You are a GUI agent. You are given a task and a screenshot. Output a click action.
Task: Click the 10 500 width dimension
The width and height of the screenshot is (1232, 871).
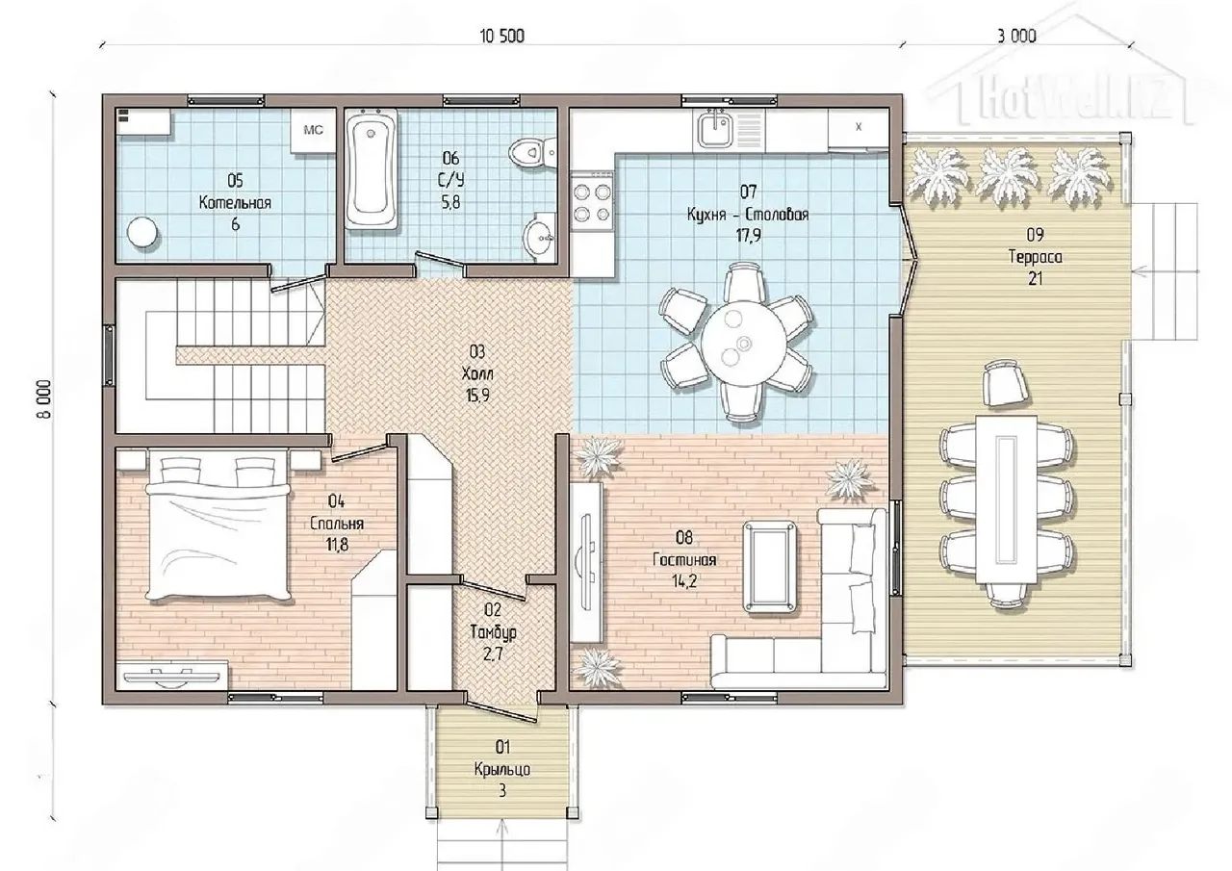pyautogui.click(x=502, y=37)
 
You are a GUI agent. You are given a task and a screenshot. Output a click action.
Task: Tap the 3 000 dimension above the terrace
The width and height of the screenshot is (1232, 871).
pyautogui.click(x=1017, y=37)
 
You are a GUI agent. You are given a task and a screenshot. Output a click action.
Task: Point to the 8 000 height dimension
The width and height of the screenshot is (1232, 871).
pyautogui.click(x=44, y=399)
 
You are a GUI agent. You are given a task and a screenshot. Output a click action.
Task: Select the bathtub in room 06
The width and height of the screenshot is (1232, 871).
pyautogui.click(x=372, y=168)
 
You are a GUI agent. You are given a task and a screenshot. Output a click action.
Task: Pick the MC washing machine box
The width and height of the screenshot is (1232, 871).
pyautogui.click(x=313, y=131)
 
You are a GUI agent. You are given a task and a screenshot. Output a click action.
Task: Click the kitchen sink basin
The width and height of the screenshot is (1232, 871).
pyautogui.click(x=714, y=130)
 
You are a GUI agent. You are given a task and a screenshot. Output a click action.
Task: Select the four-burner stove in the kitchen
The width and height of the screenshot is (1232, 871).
pyautogui.click(x=592, y=202)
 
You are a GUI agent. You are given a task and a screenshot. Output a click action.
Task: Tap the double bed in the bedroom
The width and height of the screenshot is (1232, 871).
pyautogui.click(x=218, y=525)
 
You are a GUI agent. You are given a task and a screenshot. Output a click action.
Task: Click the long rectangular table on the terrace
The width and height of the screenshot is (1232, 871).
pyautogui.click(x=1007, y=499)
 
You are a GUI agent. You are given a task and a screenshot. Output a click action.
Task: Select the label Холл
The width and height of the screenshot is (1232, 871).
pyautogui.click(x=476, y=374)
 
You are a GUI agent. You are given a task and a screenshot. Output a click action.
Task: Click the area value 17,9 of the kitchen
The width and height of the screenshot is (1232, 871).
pyautogui.click(x=748, y=236)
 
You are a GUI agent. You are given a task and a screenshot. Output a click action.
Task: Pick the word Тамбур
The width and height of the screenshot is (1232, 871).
pyautogui.click(x=494, y=632)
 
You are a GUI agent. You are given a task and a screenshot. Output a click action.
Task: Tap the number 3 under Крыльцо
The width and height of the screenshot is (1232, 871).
pyautogui.click(x=502, y=791)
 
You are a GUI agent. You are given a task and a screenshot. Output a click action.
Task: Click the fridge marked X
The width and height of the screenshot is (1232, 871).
pyautogui.click(x=858, y=129)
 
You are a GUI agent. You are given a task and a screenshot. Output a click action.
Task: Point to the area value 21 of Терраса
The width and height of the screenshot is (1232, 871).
pyautogui.click(x=1035, y=279)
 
